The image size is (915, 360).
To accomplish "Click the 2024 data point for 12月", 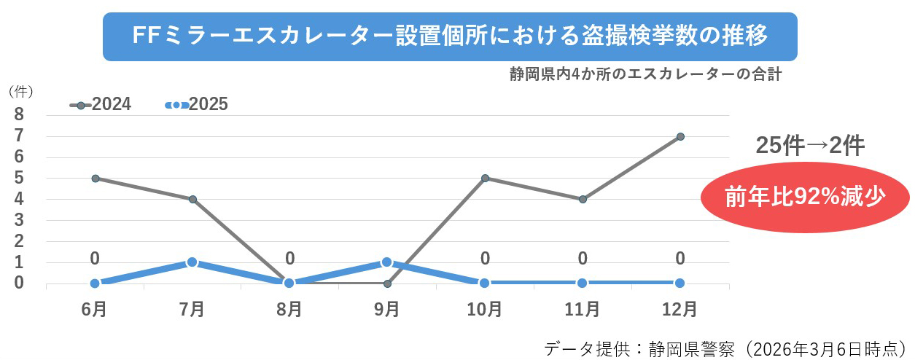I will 680,136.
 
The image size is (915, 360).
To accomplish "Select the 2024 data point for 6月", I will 95,178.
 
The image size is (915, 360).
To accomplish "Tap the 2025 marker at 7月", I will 192,262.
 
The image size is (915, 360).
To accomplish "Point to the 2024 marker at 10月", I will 485,178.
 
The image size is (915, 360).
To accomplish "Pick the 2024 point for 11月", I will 583,199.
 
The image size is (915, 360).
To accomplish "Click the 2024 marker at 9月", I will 386,283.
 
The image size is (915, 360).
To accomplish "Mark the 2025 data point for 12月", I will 680,283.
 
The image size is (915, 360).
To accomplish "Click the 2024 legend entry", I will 101,104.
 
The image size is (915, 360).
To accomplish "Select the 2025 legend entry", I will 197,104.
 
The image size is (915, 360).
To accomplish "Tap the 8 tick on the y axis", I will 19,114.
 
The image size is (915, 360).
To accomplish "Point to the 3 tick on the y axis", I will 19,220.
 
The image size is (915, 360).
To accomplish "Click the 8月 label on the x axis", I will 289,310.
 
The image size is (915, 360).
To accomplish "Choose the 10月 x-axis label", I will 485,310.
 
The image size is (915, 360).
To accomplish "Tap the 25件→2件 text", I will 809,146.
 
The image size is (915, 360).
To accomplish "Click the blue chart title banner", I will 450,36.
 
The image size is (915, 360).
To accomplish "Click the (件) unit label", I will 19,92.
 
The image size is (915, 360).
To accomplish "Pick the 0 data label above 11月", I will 583,258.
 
